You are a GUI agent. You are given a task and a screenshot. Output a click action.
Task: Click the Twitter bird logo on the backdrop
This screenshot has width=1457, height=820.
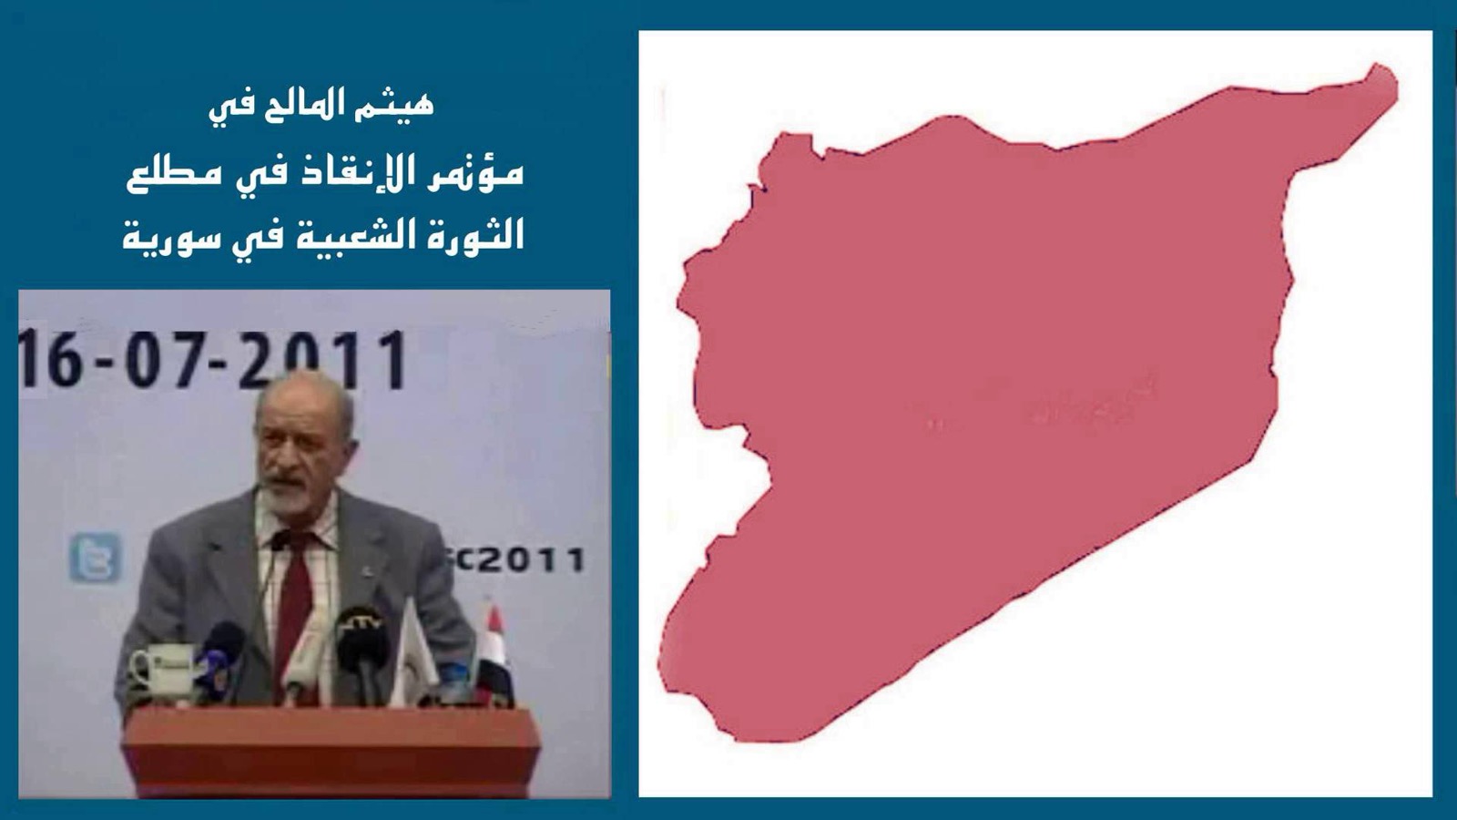click(x=95, y=557)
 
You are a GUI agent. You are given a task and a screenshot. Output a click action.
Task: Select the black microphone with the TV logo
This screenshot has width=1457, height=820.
click(x=362, y=638)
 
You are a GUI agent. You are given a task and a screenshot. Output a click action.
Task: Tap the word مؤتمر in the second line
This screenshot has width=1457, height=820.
click(x=483, y=172)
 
